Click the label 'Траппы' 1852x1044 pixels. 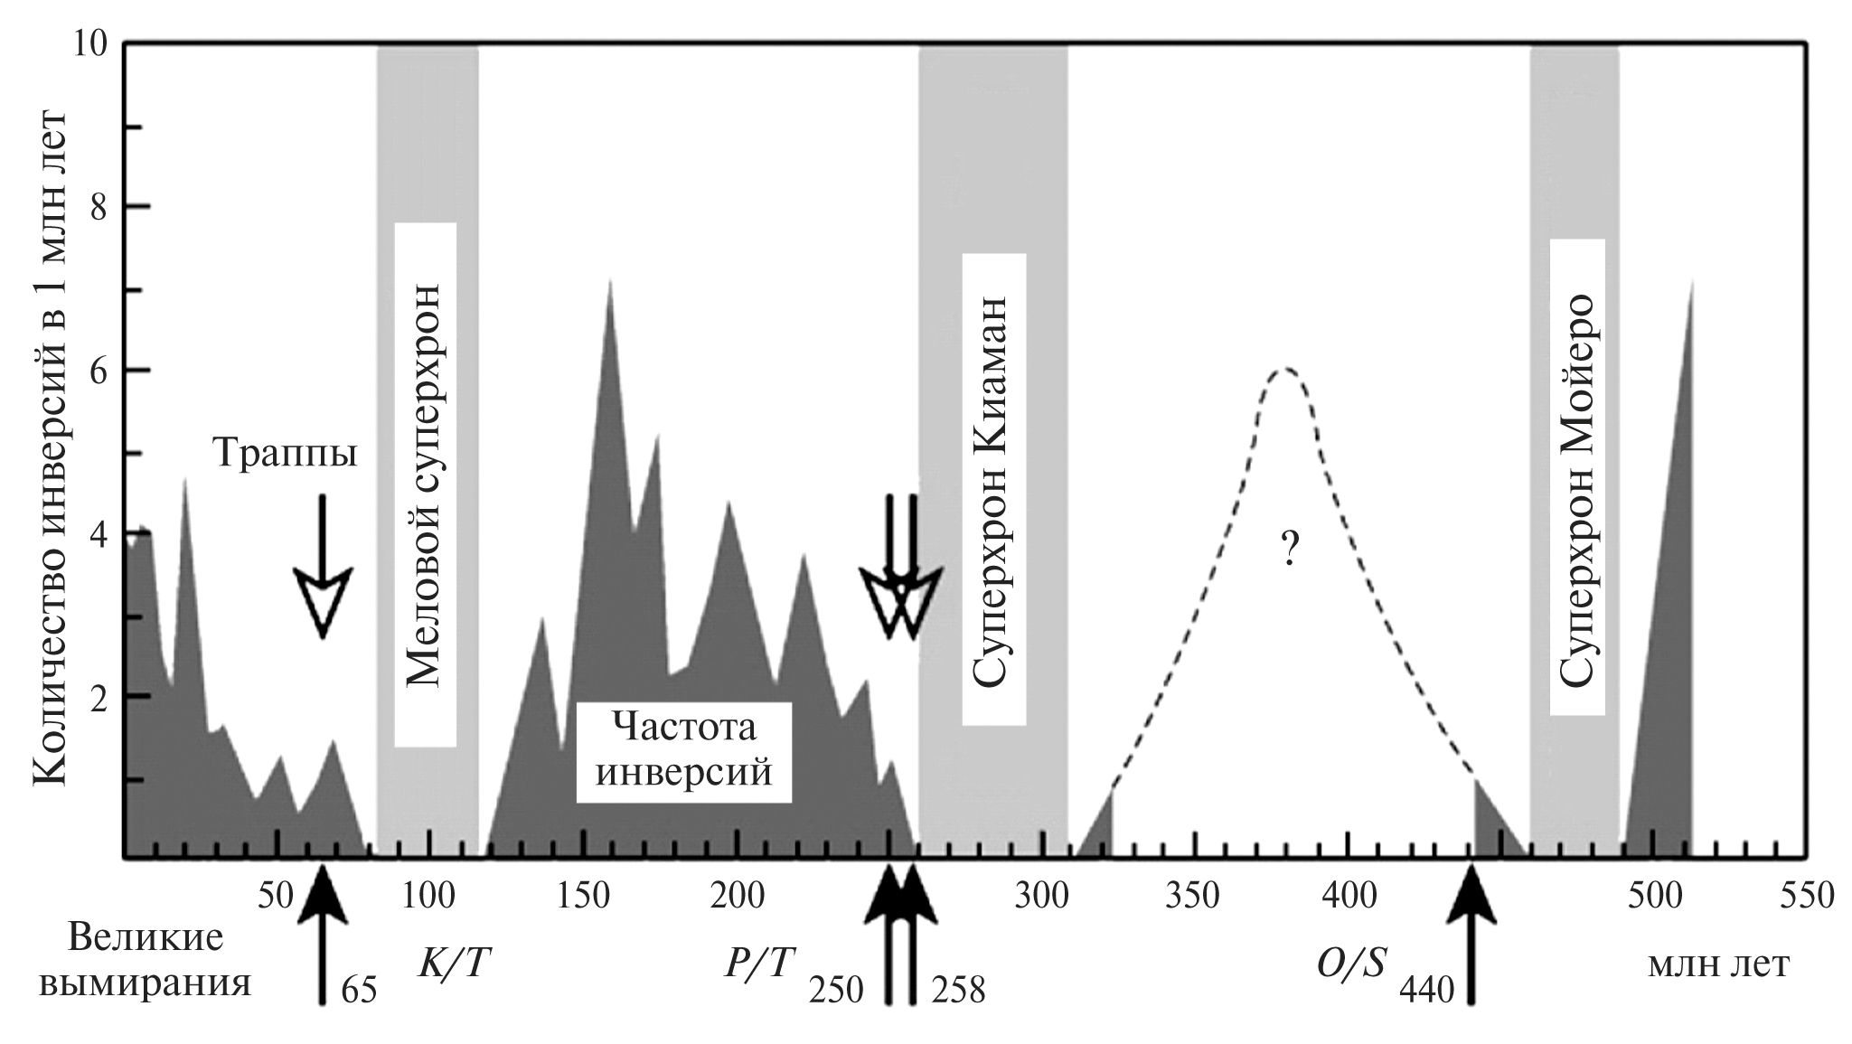pyautogui.click(x=286, y=452)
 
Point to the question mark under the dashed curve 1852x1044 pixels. pyautogui.click(x=1290, y=549)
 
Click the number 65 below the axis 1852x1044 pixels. pyautogui.click(x=358, y=992)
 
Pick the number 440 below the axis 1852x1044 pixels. pyautogui.click(x=1426, y=992)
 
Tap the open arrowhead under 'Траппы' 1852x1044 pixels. pyautogui.click(x=323, y=604)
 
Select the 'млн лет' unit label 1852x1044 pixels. pyautogui.click(x=1718, y=966)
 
